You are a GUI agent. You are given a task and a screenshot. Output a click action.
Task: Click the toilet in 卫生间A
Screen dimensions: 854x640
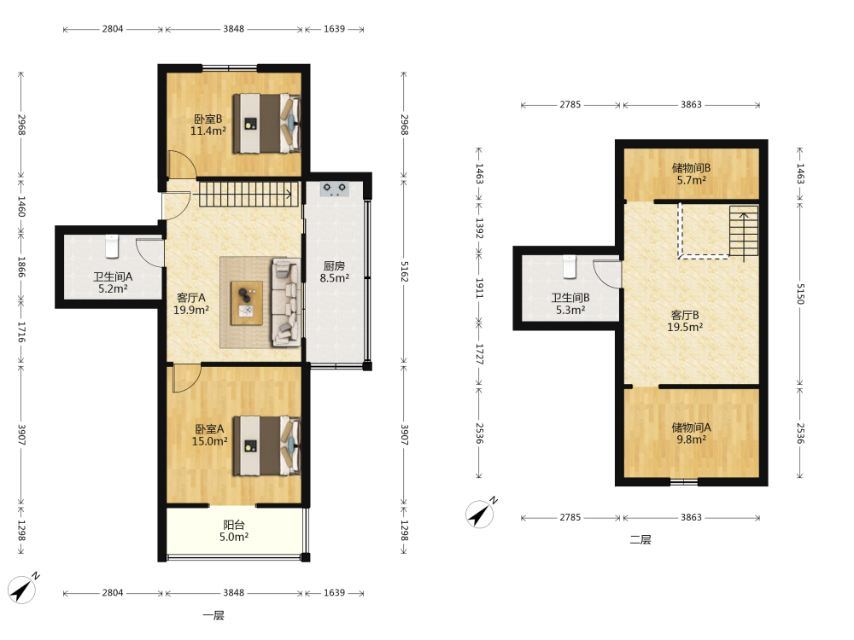click(112, 246)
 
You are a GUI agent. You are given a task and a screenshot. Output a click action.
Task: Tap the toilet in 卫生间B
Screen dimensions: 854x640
click(569, 266)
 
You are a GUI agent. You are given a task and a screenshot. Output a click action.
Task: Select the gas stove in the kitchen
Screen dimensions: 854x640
click(335, 189)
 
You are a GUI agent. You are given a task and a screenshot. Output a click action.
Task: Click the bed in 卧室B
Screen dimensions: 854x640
click(266, 124)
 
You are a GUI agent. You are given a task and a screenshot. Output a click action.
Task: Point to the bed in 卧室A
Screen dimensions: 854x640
click(266, 445)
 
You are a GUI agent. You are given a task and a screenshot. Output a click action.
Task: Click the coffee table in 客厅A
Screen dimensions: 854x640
click(247, 303)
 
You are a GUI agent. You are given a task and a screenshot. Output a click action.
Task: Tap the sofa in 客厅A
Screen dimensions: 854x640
click(286, 302)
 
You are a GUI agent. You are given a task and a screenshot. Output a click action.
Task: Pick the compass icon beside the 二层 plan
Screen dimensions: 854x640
click(480, 513)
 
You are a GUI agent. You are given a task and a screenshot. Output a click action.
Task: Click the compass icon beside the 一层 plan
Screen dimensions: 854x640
click(23, 589)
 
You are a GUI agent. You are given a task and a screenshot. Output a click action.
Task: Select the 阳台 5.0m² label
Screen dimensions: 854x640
click(234, 531)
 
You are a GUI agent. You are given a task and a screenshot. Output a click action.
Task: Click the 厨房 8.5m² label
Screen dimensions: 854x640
click(335, 271)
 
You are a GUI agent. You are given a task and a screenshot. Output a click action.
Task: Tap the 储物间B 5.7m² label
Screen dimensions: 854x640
click(691, 173)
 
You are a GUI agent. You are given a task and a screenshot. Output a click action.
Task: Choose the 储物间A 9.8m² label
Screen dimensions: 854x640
click(691, 433)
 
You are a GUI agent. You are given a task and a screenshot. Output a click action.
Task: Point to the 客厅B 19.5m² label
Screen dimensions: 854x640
click(685, 321)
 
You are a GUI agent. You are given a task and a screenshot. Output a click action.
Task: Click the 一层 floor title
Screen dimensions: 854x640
click(213, 615)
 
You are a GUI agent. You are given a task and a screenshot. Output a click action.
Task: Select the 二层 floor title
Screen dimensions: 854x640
click(640, 540)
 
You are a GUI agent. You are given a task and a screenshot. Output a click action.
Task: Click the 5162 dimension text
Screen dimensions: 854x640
click(404, 271)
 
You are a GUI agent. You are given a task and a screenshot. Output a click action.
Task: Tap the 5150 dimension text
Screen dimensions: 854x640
click(800, 294)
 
